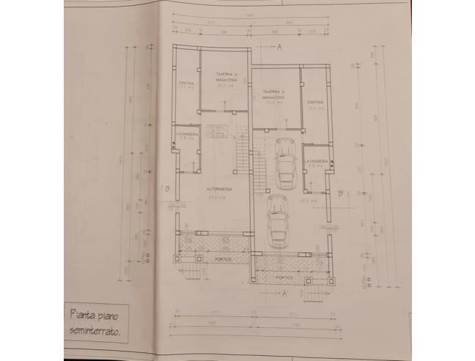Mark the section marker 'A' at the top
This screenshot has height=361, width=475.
pyautogui.click(x=280, y=45)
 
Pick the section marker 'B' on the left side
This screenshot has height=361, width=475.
pyautogui.click(x=167, y=189)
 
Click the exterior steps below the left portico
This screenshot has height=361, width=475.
pyautogui.click(x=188, y=271)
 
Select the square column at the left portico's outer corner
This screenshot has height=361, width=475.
pyautogui.click(x=174, y=258)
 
